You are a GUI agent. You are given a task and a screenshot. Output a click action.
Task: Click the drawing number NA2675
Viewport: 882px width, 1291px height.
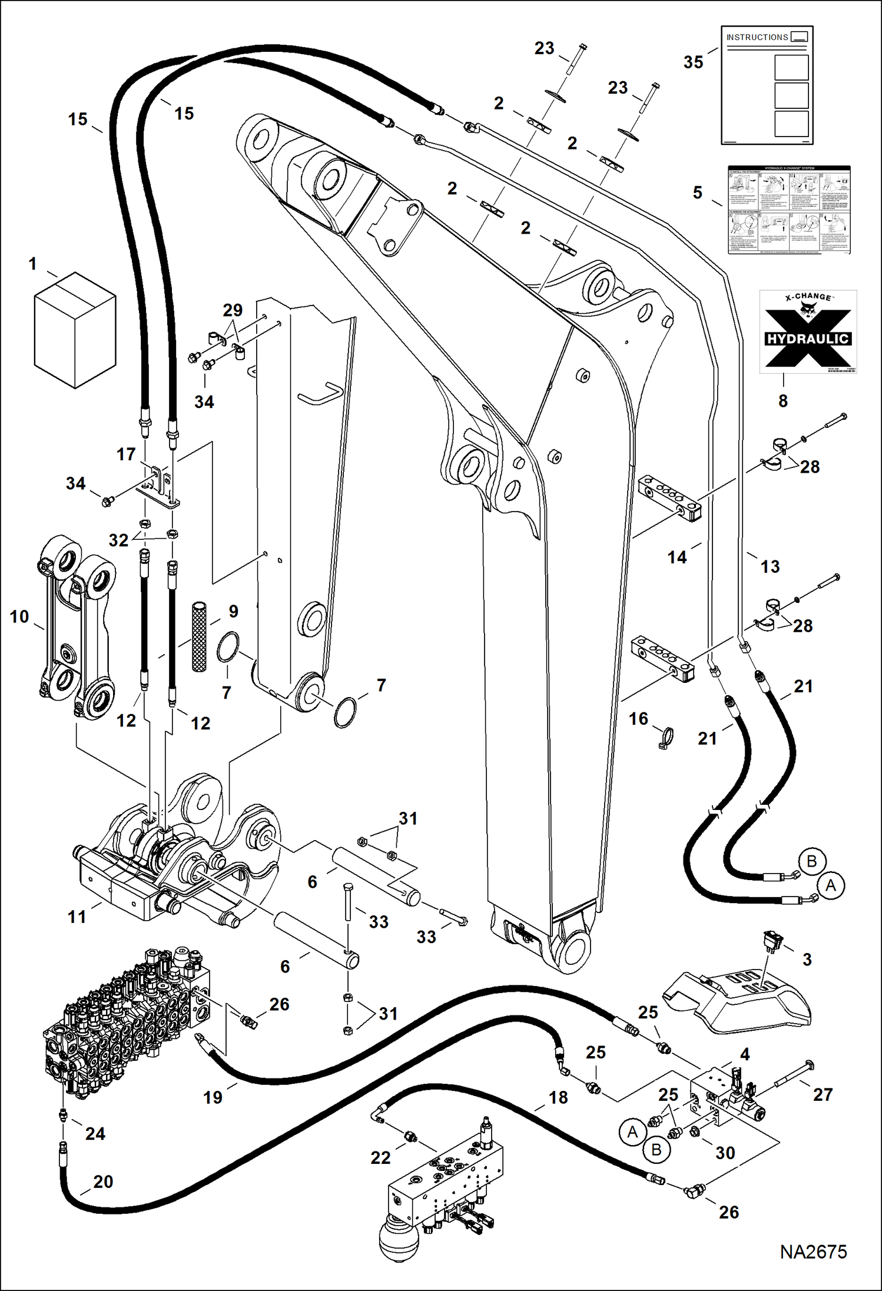coord(813,1252)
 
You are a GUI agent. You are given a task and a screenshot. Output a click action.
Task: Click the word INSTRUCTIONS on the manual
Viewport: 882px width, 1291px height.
coord(757,37)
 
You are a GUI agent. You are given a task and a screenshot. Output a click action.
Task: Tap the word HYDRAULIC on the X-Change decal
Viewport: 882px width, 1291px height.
coord(807,339)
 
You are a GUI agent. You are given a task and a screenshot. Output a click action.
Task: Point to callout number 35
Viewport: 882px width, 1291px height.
coord(693,62)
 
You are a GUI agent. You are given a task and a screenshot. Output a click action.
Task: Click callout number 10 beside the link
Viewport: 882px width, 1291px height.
coord(19,616)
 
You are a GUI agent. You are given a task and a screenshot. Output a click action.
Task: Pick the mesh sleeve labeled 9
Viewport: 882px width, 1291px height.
coord(200,636)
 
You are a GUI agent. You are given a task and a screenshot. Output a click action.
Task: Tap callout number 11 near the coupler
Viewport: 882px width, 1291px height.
coord(77,917)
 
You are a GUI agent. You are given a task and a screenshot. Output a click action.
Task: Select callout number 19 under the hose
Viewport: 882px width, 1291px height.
coord(213,1097)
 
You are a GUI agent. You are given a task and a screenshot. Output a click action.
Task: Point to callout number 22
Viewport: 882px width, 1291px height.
coord(380,1158)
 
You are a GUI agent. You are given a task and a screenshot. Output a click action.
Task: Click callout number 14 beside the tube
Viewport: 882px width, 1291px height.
coord(677,557)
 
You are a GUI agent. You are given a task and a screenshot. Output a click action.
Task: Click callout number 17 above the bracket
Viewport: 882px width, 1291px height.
coord(126,454)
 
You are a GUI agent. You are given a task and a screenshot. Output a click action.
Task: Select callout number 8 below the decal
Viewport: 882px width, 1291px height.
coord(782,401)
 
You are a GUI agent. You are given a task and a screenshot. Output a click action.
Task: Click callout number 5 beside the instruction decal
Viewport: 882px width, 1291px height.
coord(697,193)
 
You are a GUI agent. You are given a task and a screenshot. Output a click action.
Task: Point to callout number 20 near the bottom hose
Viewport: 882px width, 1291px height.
coord(103,1182)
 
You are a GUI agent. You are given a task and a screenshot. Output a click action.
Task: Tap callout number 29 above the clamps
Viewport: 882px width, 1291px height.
coord(233,310)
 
